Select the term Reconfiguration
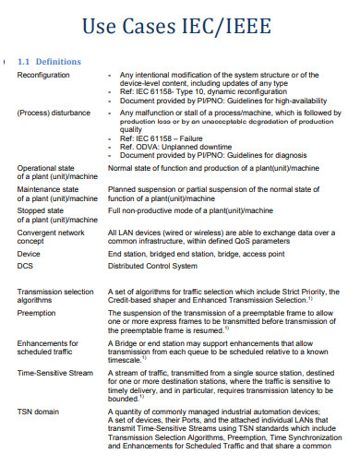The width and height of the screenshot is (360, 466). click(43, 74)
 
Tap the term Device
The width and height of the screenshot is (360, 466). click(29, 253)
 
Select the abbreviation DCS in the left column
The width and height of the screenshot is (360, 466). click(25, 266)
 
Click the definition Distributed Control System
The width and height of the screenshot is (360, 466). click(152, 266)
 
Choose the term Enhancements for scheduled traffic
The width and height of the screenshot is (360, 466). click(47, 348)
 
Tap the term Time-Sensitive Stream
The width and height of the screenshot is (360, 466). click(54, 373)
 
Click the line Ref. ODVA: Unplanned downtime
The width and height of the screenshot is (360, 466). click(175, 147)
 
